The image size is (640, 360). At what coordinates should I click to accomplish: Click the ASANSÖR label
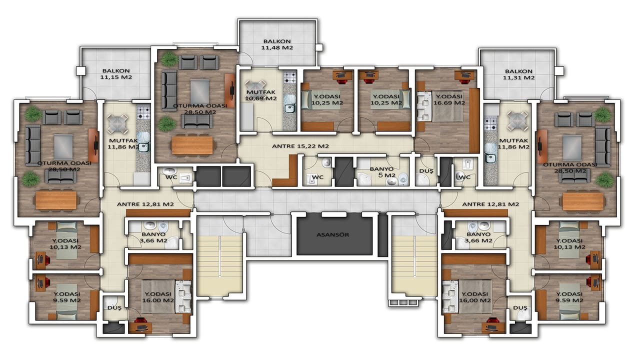pyautogui.click(x=332, y=235)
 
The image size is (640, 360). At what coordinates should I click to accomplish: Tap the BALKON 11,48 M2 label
pyautogui.click(x=277, y=44)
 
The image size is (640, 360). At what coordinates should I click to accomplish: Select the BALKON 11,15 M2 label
pyautogui.click(x=116, y=73)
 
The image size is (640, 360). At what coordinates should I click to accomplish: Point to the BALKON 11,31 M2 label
pyautogui.click(x=518, y=74)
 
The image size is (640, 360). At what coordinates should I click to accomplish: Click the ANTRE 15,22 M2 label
pyautogui.click(x=300, y=146)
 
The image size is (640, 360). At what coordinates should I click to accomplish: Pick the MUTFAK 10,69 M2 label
pyautogui.click(x=261, y=95)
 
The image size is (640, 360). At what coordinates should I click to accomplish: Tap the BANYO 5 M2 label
pyautogui.click(x=382, y=172)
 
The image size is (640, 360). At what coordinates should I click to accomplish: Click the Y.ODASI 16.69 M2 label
pyautogui.click(x=449, y=99)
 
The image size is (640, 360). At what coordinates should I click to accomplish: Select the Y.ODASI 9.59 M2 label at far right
pyautogui.click(x=569, y=297)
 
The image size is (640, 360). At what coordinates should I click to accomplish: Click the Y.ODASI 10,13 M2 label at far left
pyautogui.click(x=65, y=244)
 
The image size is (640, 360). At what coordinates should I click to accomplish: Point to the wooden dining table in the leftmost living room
pyautogui.click(x=56, y=200)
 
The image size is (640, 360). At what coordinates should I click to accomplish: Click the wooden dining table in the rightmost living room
pyautogui.click(x=583, y=201)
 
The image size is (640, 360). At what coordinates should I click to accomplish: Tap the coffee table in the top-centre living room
pyautogui.click(x=199, y=91)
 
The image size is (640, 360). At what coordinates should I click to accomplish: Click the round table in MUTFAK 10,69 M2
pyautogui.click(x=256, y=85)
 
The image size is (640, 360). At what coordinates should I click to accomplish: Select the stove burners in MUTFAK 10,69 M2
pyautogui.click(x=289, y=77)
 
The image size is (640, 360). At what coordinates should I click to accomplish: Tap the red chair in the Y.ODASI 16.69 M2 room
pyautogui.click(x=466, y=81)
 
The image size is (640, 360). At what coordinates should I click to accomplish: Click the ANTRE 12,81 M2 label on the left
pyautogui.click(x=145, y=204)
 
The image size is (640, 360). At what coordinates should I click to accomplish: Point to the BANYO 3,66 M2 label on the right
pyautogui.click(x=478, y=237)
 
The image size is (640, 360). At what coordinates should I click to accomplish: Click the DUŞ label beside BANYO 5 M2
pyautogui.click(x=426, y=171)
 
